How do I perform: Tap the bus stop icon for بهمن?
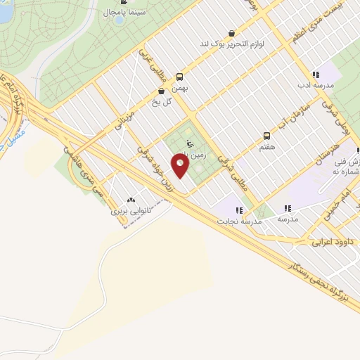pos(180,77)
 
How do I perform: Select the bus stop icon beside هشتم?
pos(266,135)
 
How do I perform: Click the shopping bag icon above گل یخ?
pos(162,91)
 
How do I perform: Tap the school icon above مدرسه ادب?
pos(316,75)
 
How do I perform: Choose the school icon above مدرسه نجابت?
pos(239,210)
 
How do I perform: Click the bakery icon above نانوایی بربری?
pos(130,200)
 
